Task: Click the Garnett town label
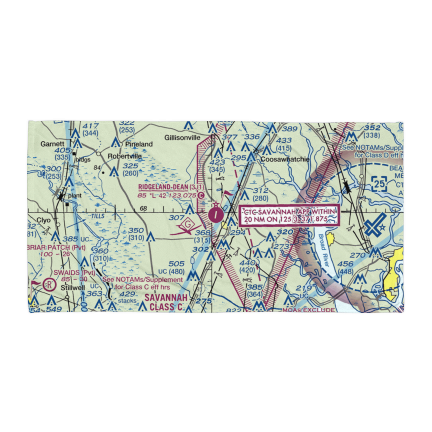click(x=52, y=143)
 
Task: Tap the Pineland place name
click(x=139, y=144)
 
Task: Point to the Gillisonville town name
click(x=182, y=137)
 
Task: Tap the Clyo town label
click(x=44, y=219)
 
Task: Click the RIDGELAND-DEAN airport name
click(x=163, y=187)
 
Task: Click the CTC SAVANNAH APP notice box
click(x=290, y=215)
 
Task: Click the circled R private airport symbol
click(x=51, y=284)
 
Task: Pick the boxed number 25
click(x=380, y=184)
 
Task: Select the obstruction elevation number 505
click(x=176, y=264)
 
